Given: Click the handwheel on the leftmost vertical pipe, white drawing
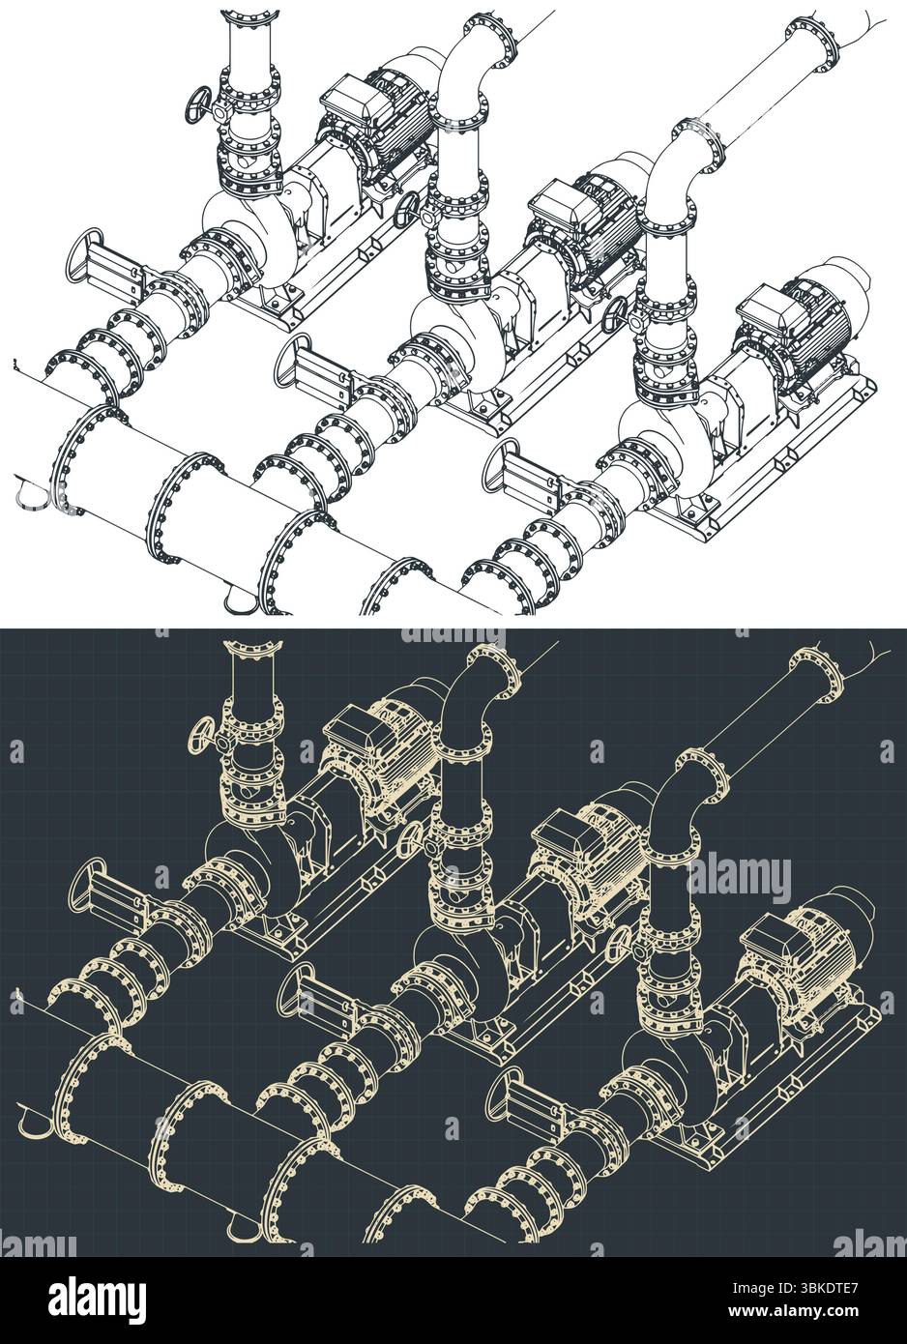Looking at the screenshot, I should tap(200, 103).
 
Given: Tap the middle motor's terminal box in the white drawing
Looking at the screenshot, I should tap(559, 202).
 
